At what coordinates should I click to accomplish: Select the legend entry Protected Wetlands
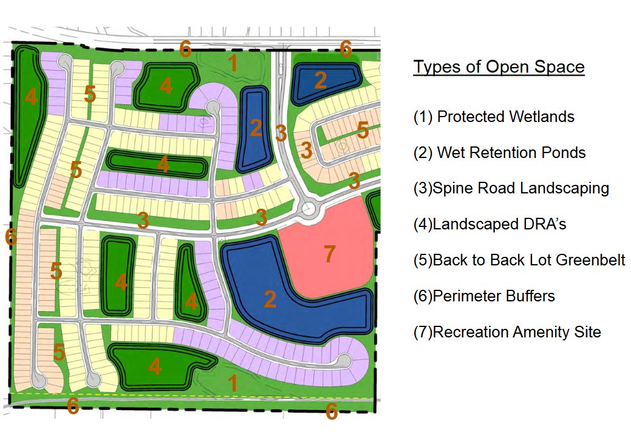(494, 117)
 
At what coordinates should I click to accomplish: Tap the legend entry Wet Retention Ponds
(500, 153)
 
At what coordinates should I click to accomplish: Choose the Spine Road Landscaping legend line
(511, 188)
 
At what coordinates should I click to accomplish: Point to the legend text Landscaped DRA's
(490, 224)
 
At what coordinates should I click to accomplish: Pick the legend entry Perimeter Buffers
(484, 296)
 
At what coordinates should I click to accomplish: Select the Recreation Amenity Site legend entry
(507, 332)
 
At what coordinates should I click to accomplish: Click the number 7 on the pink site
(330, 254)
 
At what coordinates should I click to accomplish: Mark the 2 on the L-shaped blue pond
(270, 299)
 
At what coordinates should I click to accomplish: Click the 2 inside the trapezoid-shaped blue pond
(320, 81)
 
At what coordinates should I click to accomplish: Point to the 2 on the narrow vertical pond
(256, 128)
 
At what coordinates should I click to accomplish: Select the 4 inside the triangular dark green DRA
(191, 302)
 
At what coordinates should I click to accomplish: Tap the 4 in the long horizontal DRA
(163, 165)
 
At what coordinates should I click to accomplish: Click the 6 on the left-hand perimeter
(11, 237)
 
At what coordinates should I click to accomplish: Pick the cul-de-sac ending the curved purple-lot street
(344, 361)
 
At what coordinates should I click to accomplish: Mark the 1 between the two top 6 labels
(233, 63)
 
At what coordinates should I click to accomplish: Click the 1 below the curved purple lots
(233, 383)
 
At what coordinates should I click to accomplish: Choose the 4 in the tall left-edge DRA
(31, 96)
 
